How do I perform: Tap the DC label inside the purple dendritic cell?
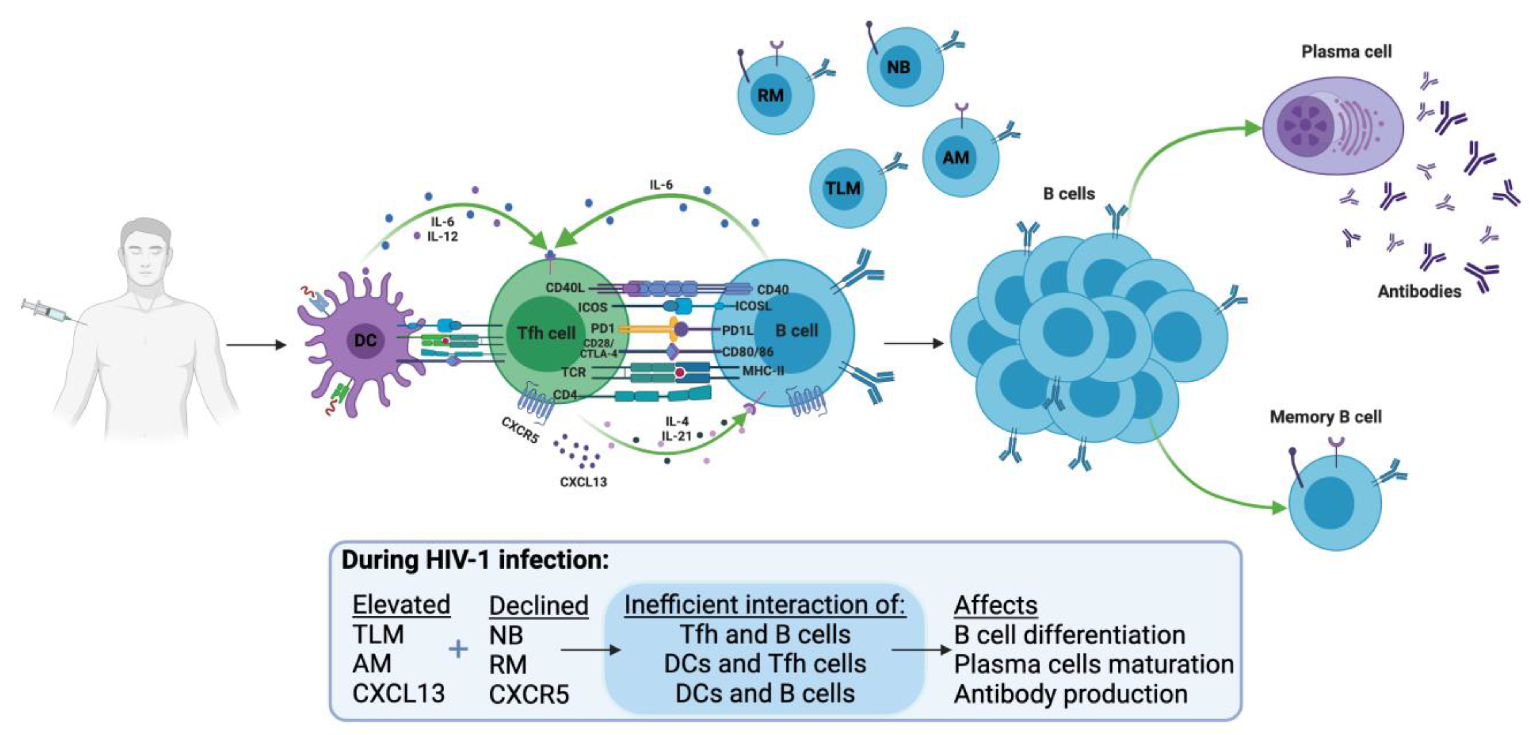pos(365,340)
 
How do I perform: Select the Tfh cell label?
pos(546,333)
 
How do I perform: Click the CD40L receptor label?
pos(565,288)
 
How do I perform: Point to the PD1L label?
pos(736,330)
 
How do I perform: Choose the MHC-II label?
pos(763,371)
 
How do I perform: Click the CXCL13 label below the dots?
pos(583,482)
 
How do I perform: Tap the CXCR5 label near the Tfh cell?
pos(520,430)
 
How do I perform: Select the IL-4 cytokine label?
pos(677,421)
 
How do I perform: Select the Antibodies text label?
pos(1419,291)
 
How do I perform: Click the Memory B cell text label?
pos(1326,417)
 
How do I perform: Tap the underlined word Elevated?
pos(401,605)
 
